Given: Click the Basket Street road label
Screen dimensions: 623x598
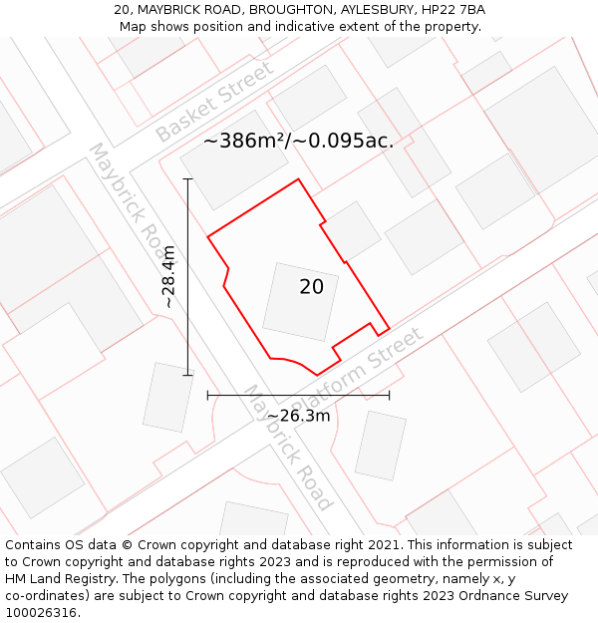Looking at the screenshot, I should click(x=215, y=102).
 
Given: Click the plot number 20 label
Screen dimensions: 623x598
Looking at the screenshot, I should click(x=311, y=287).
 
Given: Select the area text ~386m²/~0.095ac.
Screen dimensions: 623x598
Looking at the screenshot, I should click(x=299, y=142).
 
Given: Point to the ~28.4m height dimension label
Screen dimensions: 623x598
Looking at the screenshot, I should click(x=169, y=276).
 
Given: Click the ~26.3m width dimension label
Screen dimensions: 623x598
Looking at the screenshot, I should click(x=298, y=416).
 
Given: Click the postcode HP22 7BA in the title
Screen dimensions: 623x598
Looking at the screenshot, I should click(x=453, y=10).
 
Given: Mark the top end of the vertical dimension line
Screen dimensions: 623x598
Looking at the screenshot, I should click(x=187, y=179).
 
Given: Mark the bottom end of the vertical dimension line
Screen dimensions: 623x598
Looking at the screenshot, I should click(x=187, y=375).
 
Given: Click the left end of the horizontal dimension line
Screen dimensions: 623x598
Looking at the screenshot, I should click(x=207, y=396).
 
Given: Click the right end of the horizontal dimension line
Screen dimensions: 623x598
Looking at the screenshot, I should click(x=389, y=396).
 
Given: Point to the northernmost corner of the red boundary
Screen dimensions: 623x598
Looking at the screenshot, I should click(x=298, y=179).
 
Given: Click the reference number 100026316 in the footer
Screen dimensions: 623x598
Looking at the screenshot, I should click(x=39, y=613).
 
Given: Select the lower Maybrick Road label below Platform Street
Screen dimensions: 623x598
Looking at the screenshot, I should click(x=287, y=447).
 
